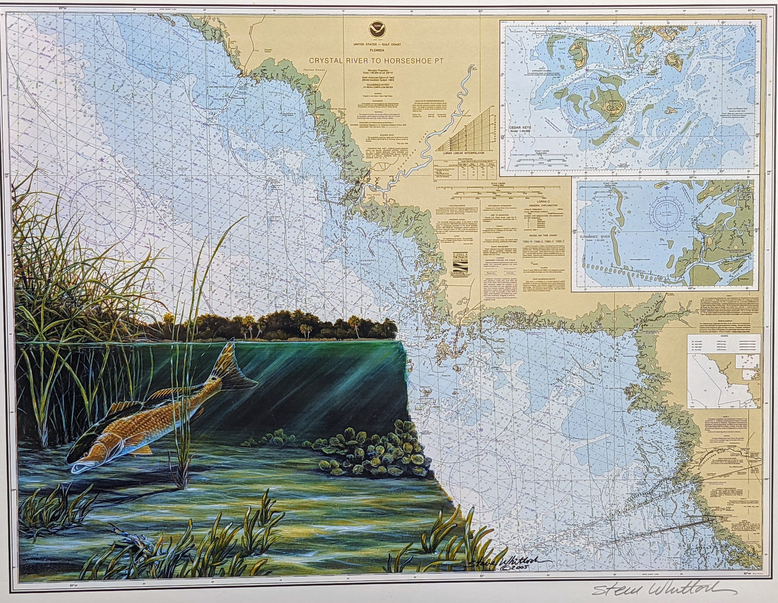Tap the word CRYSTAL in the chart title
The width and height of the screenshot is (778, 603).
point(324,61)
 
